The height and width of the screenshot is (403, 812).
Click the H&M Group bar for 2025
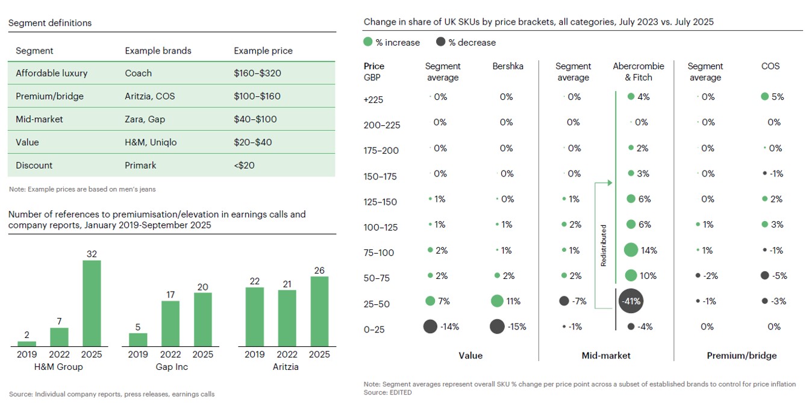(x=92, y=303)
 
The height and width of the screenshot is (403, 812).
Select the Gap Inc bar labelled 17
(x=170, y=323)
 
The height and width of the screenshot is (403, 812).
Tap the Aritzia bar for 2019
(x=255, y=317)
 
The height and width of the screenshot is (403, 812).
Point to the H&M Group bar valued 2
(x=27, y=343)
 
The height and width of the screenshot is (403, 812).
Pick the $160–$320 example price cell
(x=257, y=73)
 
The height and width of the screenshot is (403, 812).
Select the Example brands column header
(x=158, y=51)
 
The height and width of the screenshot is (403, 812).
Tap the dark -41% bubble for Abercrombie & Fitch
(x=631, y=301)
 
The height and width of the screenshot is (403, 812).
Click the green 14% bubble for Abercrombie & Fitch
(x=631, y=250)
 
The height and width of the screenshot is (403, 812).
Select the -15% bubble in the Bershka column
(x=497, y=326)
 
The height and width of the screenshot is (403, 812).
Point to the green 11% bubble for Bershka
(x=497, y=301)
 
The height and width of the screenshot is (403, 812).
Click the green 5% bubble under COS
(x=765, y=96)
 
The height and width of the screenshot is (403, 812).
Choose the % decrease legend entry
(x=466, y=43)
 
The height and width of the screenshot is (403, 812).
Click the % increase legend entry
(x=392, y=43)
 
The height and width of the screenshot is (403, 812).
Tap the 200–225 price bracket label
(x=382, y=125)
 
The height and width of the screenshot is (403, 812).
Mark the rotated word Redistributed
(x=604, y=245)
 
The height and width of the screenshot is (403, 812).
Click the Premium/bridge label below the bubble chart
(x=742, y=355)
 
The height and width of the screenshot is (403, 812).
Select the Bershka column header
(x=507, y=66)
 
